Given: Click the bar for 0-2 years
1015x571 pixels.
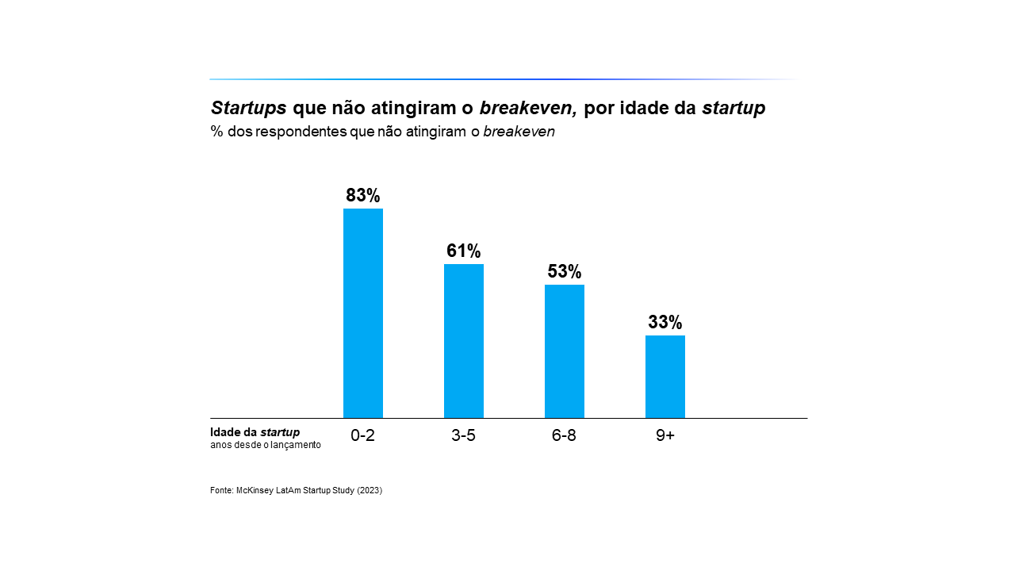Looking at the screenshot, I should point(363,313).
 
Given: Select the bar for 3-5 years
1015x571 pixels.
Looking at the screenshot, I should point(464,341).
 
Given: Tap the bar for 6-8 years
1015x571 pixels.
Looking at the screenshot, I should point(565,351).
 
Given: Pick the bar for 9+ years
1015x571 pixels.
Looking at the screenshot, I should point(665,377).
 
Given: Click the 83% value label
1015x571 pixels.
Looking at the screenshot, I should point(363,196).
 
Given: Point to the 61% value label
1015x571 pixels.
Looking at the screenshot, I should point(464,251).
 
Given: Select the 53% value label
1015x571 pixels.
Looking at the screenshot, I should point(565,272).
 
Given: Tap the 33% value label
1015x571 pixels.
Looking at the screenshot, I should point(665,323).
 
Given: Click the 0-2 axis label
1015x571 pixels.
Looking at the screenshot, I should point(362,435).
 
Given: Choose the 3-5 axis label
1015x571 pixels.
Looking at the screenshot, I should point(463,435).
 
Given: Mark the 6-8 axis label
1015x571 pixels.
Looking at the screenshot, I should point(564,435).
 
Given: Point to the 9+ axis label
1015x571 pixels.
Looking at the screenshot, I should point(665,435).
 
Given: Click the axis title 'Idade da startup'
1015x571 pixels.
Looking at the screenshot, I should point(255,432).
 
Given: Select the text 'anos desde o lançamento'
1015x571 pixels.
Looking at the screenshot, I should point(266,445).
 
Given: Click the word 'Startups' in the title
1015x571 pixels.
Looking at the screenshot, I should point(248,109).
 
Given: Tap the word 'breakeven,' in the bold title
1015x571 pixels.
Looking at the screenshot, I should point(528,109).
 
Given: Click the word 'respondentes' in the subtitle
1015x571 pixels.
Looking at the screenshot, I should point(301,132).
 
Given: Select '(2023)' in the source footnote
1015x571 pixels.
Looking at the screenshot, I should point(370,491).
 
